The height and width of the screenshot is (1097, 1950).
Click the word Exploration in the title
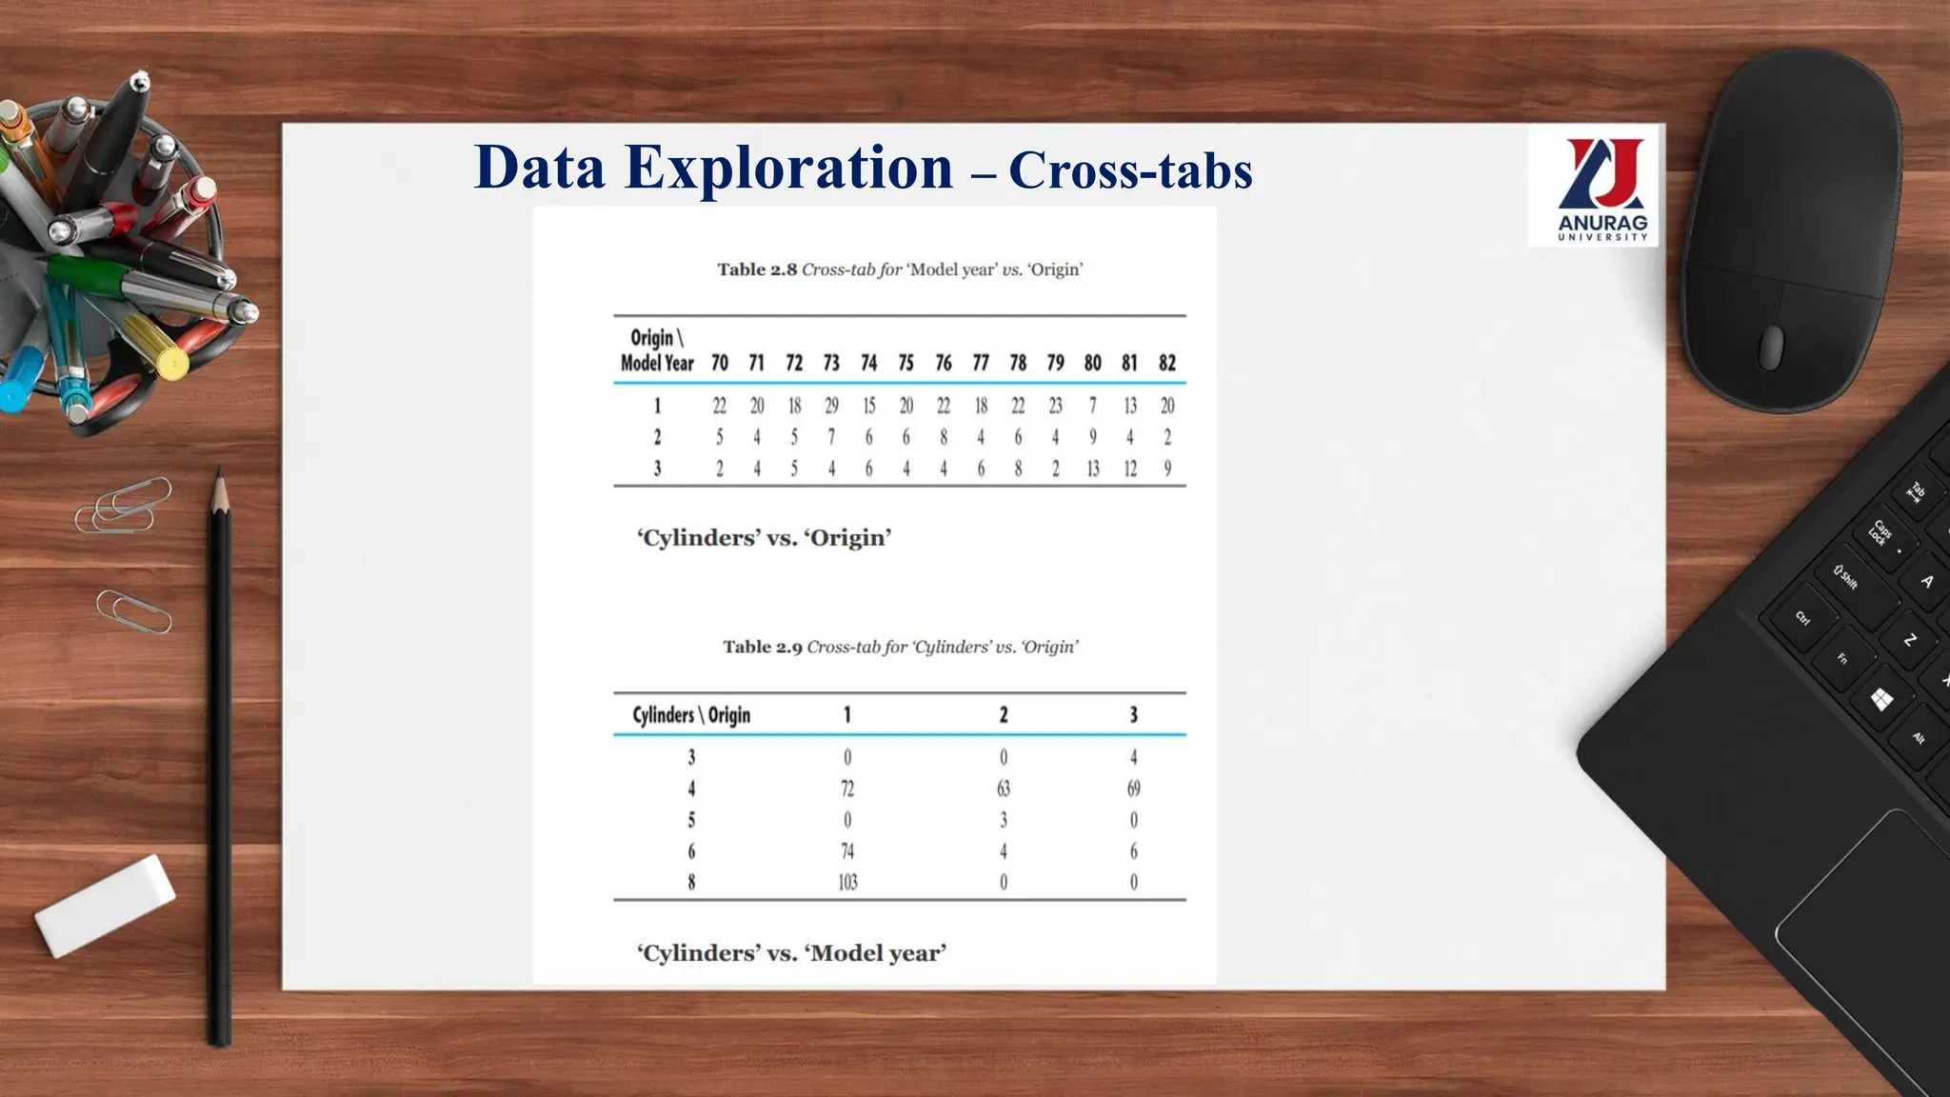coord(788,168)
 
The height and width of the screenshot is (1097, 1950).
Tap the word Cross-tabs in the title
coord(1130,171)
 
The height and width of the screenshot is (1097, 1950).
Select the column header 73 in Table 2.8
coord(831,363)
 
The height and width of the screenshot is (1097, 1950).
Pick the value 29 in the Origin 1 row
coord(831,406)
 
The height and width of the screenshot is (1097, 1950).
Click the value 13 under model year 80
coord(1092,469)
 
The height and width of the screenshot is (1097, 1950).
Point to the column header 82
coord(1167,363)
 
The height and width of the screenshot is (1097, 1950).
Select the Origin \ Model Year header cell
coord(657,350)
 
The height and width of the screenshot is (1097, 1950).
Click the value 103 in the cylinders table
coord(847,883)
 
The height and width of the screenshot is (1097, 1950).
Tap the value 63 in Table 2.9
coord(1003,788)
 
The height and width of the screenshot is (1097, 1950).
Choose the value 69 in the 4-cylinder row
coord(1133,788)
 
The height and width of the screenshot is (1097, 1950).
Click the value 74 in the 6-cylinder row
coord(847,851)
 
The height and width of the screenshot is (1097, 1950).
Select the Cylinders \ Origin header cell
coord(691,715)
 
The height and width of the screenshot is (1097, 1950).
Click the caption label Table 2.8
coord(757,269)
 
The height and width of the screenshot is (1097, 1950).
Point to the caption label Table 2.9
coord(762,648)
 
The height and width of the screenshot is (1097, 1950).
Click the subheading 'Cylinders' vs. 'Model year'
coord(791,953)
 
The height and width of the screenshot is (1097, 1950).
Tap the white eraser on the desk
coord(105,905)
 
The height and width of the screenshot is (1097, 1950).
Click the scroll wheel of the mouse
coord(1771,347)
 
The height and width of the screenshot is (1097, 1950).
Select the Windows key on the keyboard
coord(1880,701)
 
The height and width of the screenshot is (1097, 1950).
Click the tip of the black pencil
coord(220,476)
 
